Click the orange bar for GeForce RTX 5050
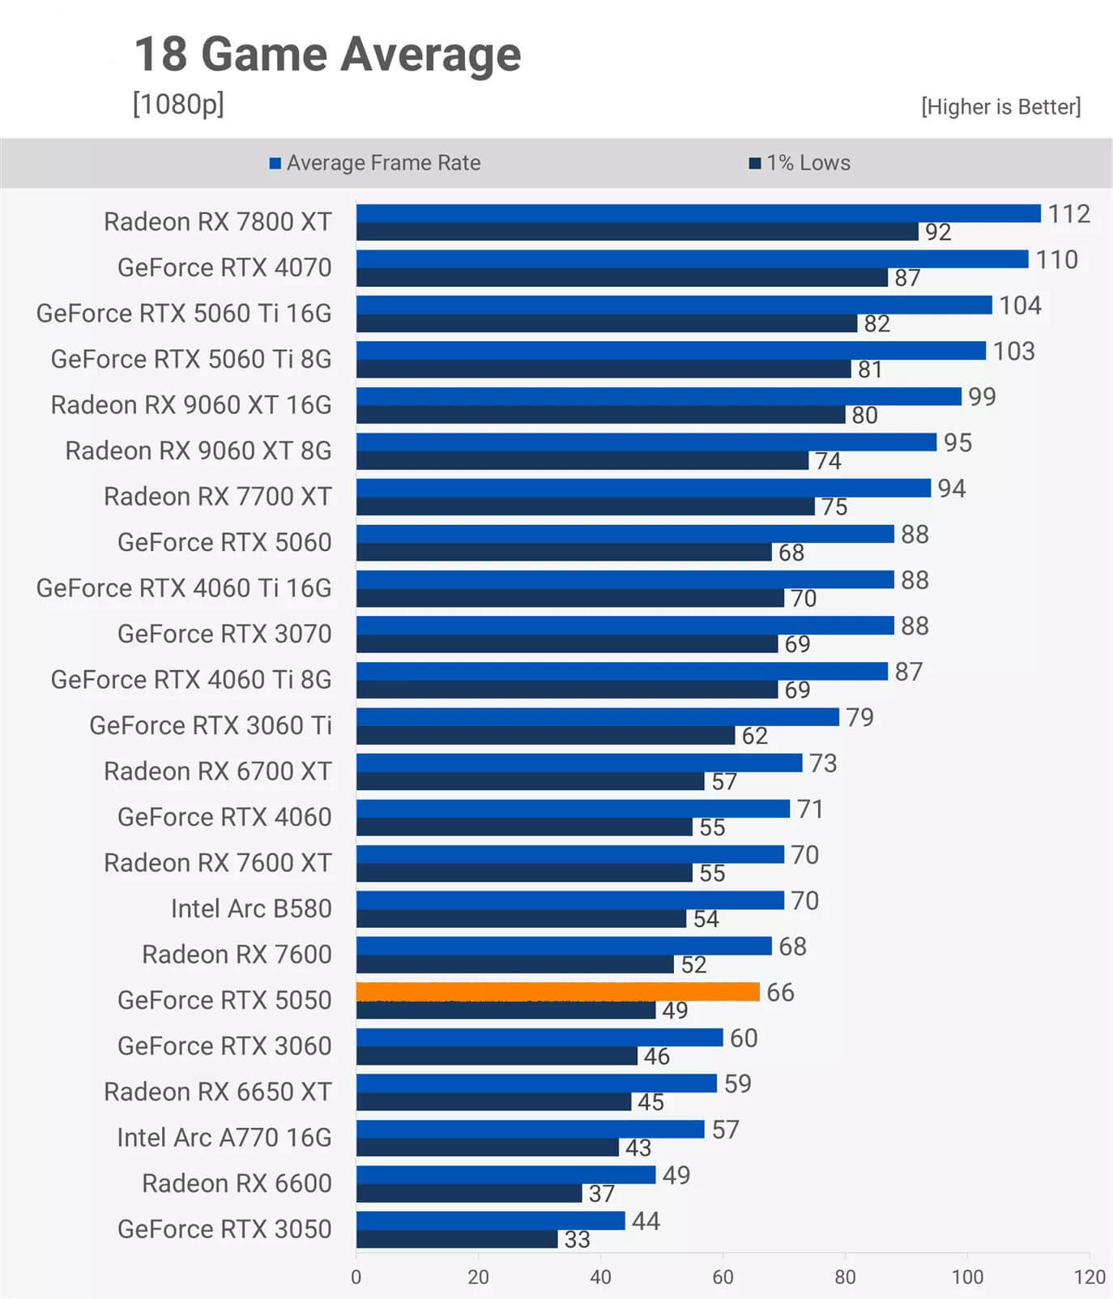557,992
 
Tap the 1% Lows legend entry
800,163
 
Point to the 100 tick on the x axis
967,1277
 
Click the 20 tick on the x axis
478,1277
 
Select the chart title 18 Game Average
327,54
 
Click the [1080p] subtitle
178,105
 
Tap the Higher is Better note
1000,107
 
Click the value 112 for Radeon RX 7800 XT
1068,214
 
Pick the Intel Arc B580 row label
251,908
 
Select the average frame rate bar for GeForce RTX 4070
692,259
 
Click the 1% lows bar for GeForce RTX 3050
457,1239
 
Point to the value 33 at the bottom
577,1240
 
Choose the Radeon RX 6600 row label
237,1183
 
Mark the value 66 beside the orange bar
780,993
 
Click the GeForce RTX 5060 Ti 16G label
184,314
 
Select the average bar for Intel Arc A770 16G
530,1129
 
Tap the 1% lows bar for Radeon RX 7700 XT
585,506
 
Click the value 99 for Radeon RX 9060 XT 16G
982,397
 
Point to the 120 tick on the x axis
1090,1277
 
